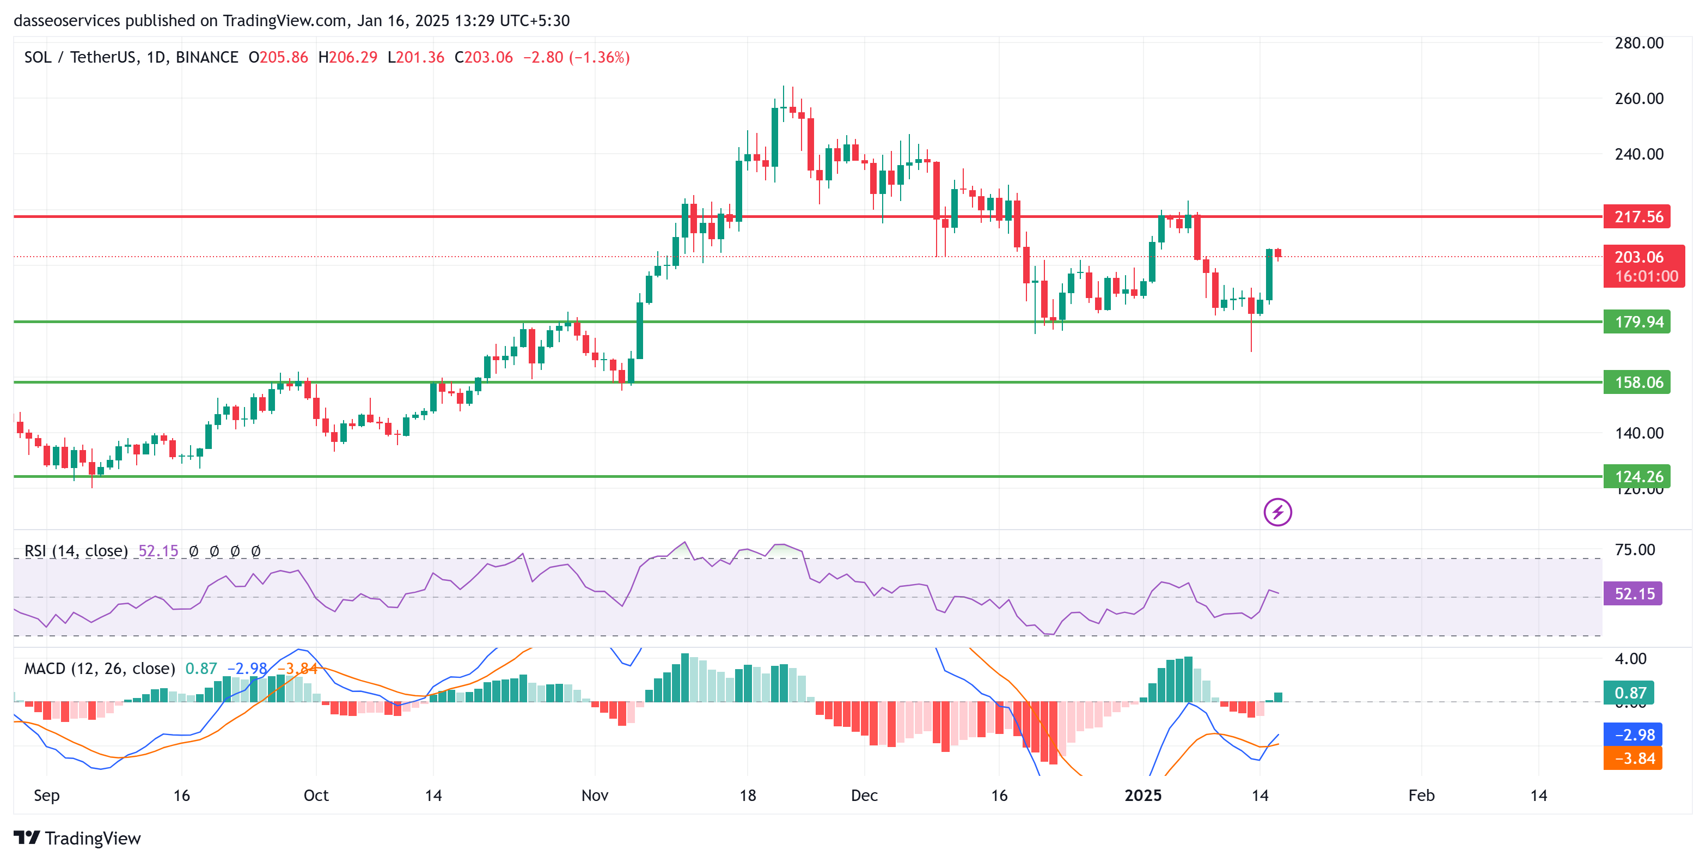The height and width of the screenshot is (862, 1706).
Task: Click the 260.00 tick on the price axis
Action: (1638, 99)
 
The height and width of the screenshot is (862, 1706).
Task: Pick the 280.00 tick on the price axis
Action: (1638, 43)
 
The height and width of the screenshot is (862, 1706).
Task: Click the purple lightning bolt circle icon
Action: (1277, 512)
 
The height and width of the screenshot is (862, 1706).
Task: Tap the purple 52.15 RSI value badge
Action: (1632, 594)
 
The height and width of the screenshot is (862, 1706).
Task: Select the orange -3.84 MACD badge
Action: (1632, 758)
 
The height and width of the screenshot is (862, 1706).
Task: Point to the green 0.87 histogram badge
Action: (1629, 693)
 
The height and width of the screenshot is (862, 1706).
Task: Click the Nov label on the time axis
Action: (595, 795)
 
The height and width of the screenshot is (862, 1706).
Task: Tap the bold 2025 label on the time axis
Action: (1142, 795)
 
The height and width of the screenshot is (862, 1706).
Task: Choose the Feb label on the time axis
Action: (1421, 795)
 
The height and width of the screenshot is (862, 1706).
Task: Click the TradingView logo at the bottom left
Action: (77, 838)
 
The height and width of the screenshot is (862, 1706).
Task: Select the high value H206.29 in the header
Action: (348, 58)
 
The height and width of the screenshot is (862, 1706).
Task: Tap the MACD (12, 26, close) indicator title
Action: (99, 669)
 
